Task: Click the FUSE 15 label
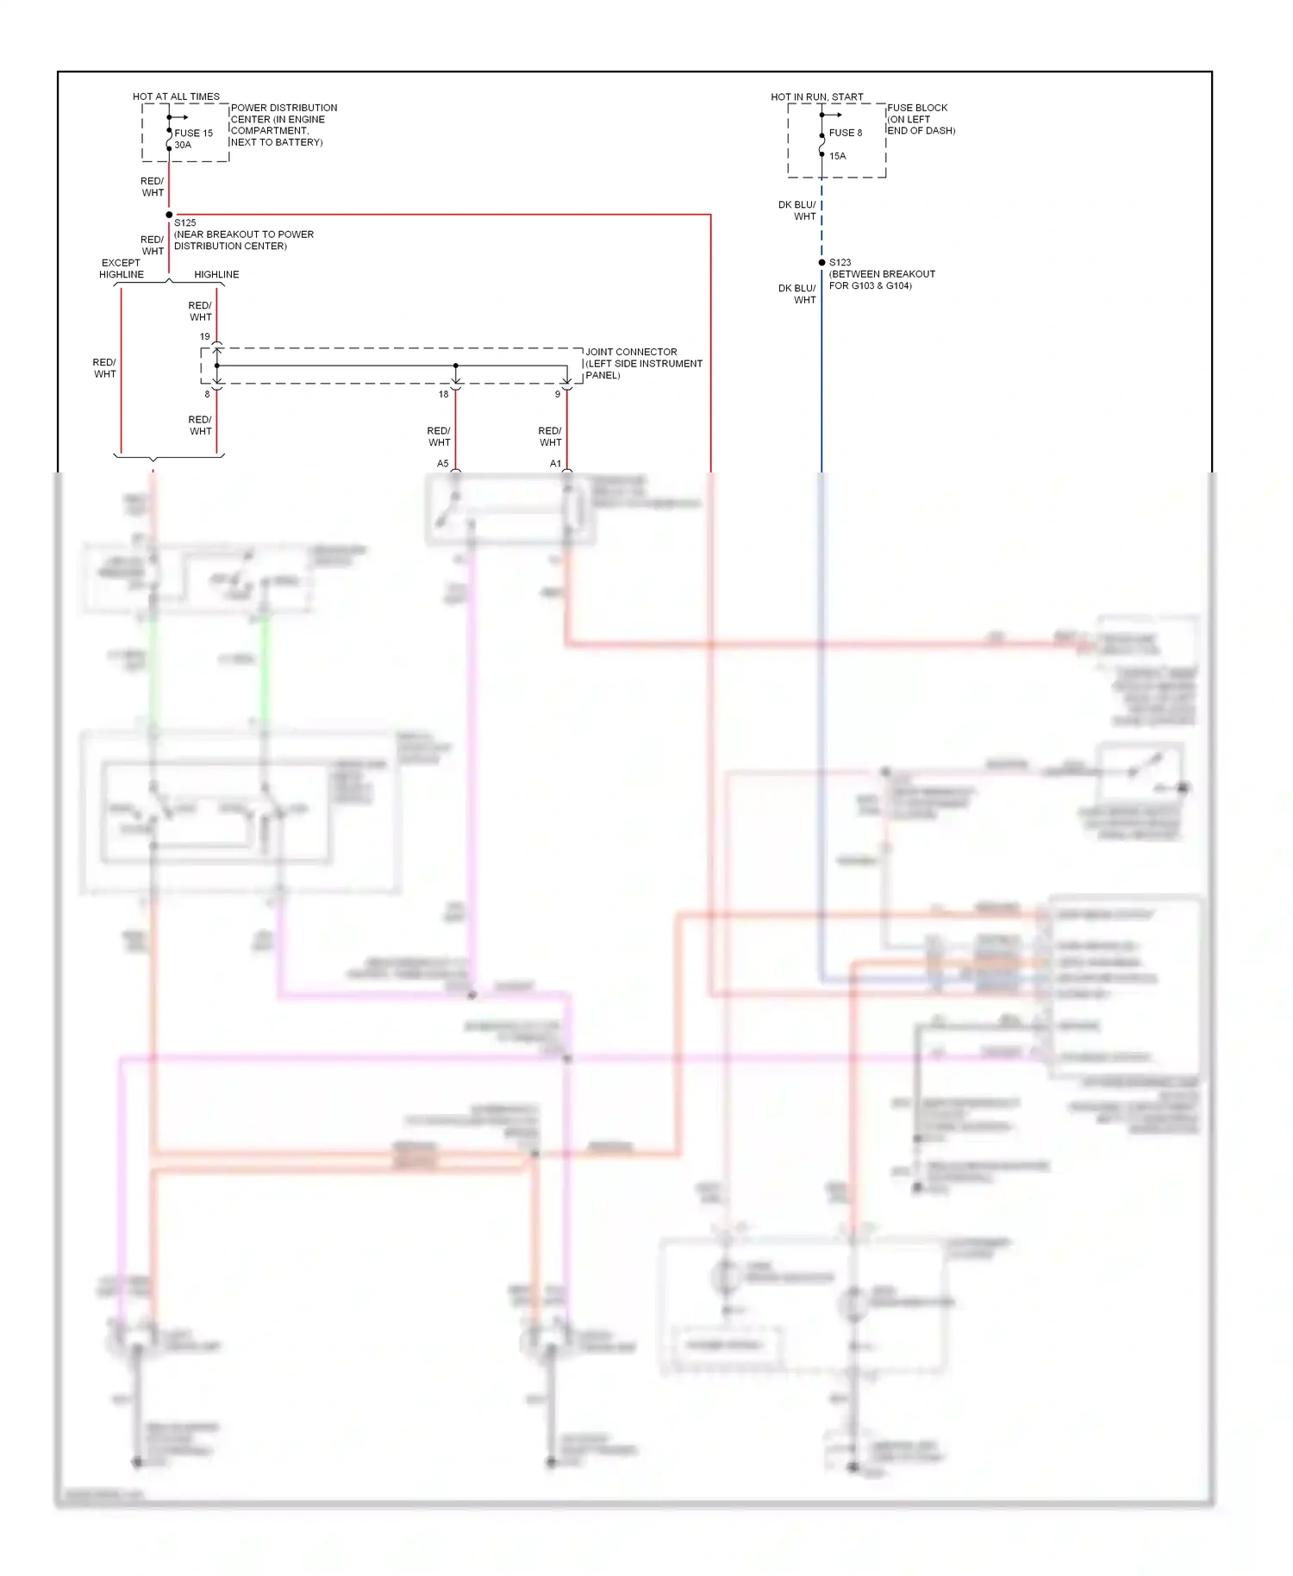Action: coord(193,133)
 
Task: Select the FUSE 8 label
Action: coord(845,133)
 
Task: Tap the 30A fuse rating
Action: coord(183,145)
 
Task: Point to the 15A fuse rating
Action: coord(837,156)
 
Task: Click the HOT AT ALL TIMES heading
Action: coord(176,97)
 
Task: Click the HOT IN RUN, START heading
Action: coord(816,97)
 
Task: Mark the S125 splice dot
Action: coord(169,215)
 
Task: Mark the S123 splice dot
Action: coord(821,262)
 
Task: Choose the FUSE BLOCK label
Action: coord(917,108)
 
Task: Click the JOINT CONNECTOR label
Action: coord(631,352)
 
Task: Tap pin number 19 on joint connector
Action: coord(204,336)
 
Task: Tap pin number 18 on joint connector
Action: coord(443,394)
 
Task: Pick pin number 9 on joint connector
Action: coord(557,394)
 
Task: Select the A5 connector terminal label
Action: coord(442,464)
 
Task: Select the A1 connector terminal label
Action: coord(555,464)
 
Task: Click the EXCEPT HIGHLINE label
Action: coord(122,268)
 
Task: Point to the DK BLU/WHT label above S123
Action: coord(797,210)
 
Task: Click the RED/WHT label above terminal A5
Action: coord(439,436)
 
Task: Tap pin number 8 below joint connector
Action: coord(207,394)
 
